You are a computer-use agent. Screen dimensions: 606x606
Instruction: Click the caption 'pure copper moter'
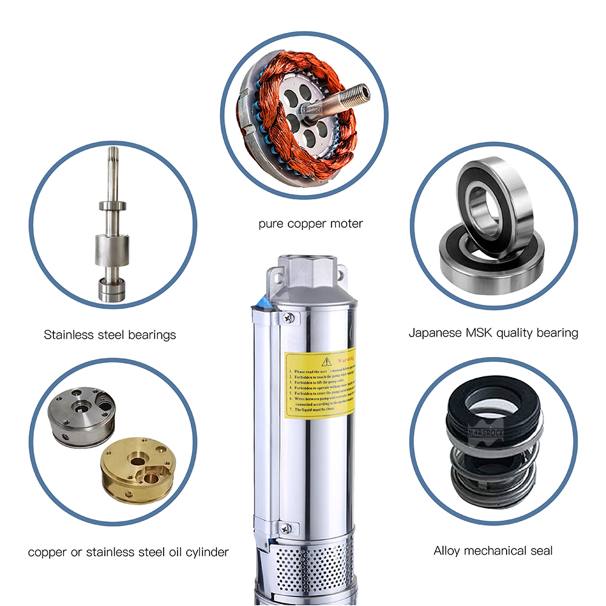(x=310, y=224)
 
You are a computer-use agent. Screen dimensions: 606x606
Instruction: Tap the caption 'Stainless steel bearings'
(x=110, y=335)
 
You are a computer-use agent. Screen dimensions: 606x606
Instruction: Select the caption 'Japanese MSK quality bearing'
(x=493, y=333)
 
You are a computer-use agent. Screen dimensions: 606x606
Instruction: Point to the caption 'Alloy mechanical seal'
(x=493, y=551)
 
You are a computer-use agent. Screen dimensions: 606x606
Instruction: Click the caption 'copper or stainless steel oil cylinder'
(x=128, y=552)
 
